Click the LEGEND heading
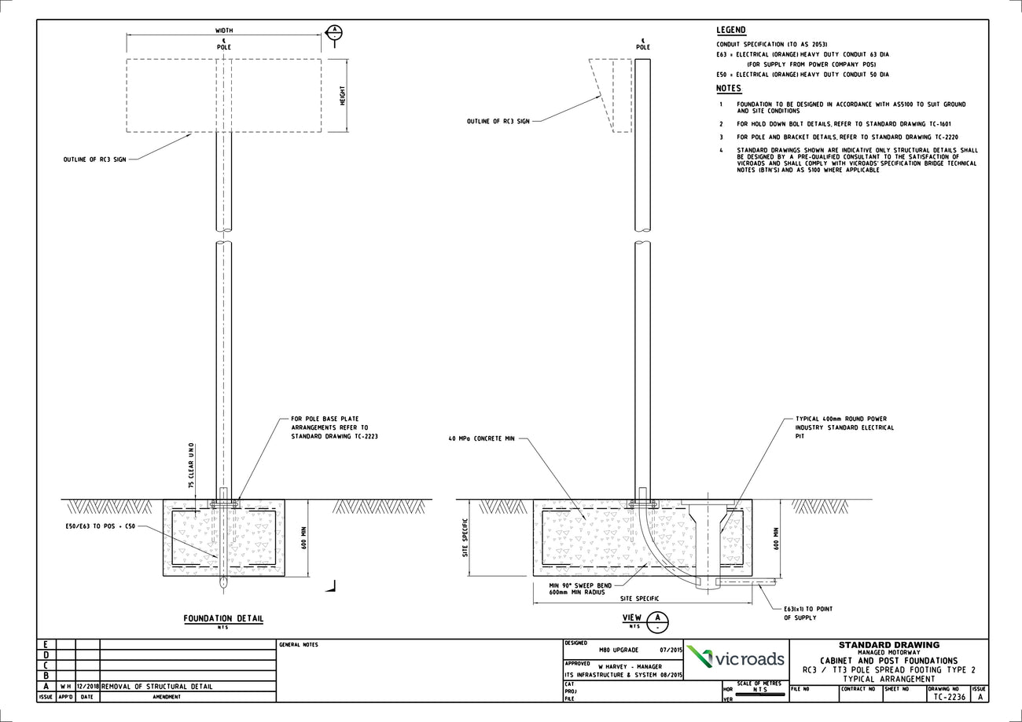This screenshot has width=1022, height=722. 730,31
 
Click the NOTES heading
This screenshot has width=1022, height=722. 729,89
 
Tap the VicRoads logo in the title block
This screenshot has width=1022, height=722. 736,658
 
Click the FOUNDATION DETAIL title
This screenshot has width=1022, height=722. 223,619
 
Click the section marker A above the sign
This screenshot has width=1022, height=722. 334,32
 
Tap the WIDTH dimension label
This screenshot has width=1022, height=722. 224,31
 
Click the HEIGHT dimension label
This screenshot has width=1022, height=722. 343,96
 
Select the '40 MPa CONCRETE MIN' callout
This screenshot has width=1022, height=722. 481,438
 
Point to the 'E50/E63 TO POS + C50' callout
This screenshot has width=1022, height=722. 101,526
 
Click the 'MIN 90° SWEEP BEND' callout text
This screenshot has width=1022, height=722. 580,585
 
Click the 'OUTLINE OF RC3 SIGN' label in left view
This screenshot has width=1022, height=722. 94,159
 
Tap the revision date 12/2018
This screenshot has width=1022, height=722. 87,686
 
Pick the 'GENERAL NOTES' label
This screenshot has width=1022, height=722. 299,645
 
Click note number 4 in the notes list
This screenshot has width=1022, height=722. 721,150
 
